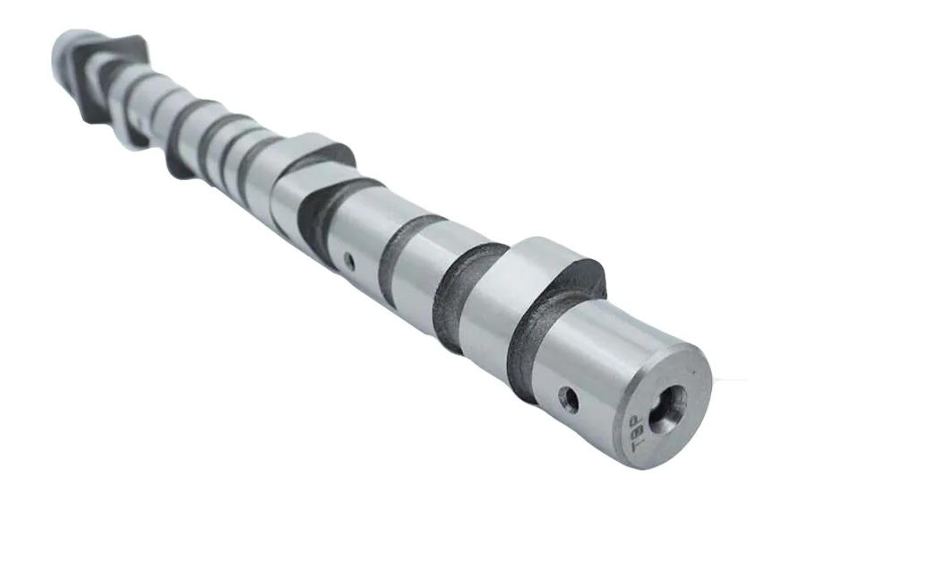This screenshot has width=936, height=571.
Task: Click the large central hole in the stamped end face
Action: (x=666, y=408)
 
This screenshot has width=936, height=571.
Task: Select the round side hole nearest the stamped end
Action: (x=568, y=399)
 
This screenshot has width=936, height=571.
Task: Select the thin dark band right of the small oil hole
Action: (x=394, y=255)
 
